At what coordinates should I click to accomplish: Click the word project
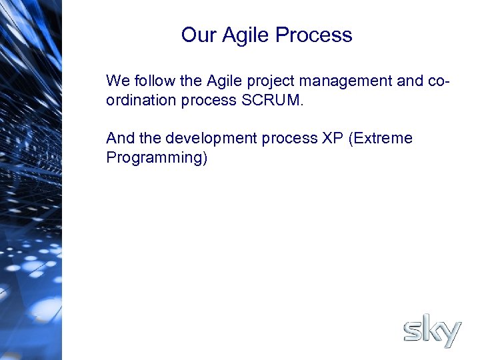(x=271, y=82)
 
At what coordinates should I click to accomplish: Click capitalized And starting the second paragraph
(x=120, y=139)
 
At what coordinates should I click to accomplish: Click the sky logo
(x=432, y=331)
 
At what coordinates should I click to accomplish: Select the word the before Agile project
(x=191, y=81)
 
